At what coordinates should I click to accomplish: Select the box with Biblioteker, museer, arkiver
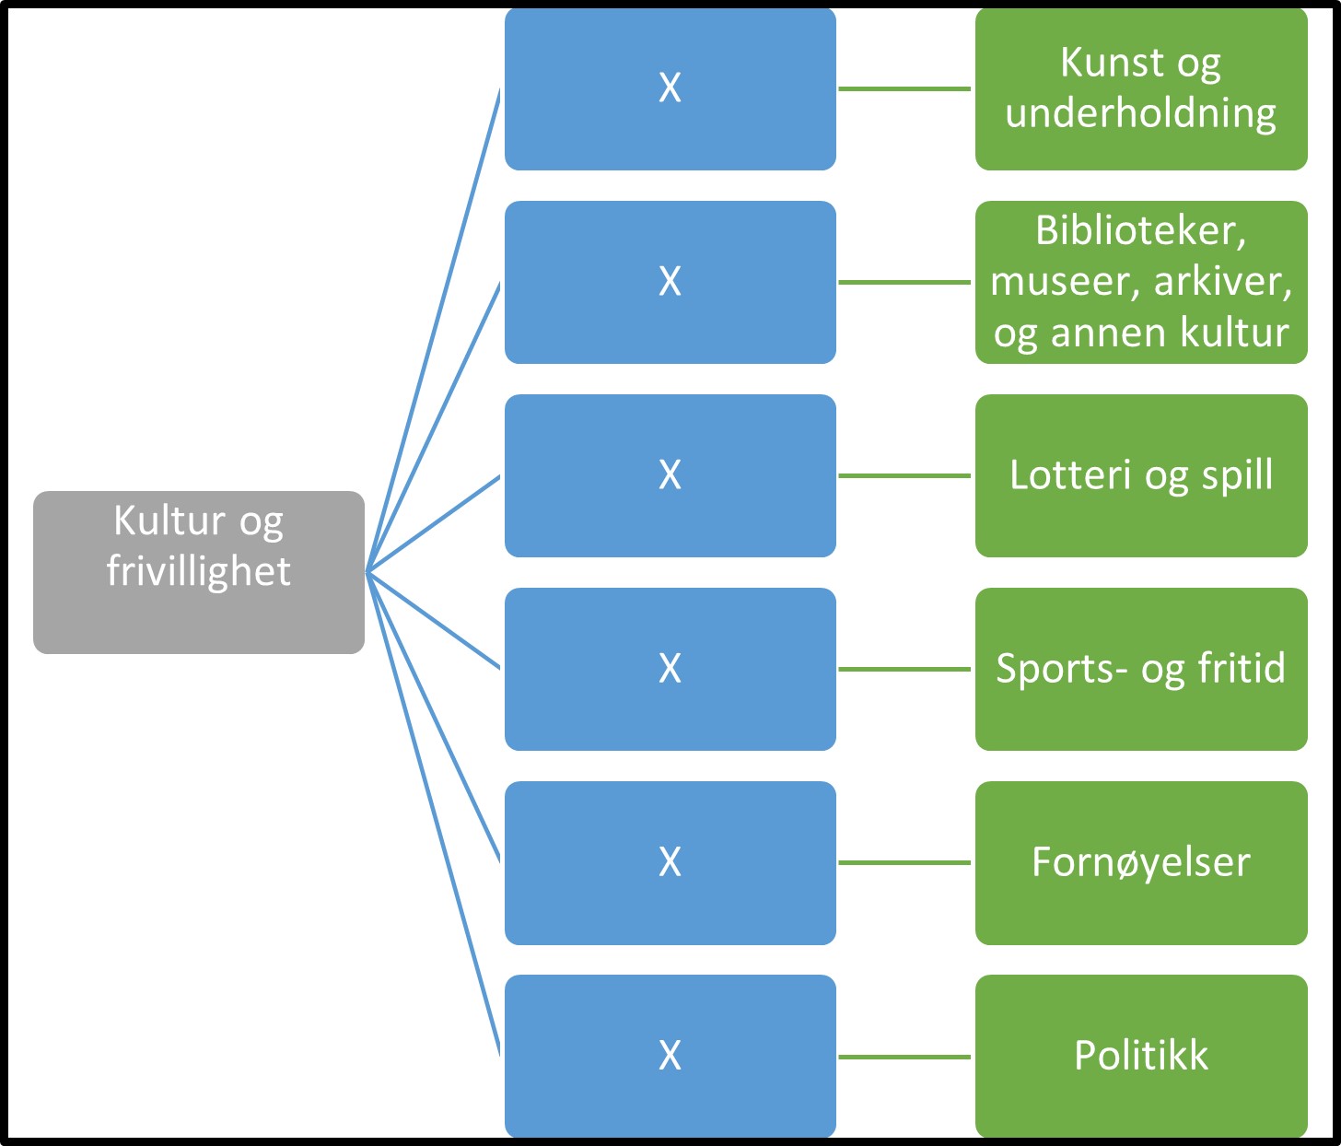coord(1140,282)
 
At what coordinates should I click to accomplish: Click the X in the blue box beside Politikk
coord(670,1056)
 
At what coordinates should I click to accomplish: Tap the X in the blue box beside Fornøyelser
coord(670,862)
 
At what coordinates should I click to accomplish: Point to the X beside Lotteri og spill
coord(670,475)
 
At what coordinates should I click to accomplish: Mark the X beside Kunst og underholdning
coord(670,88)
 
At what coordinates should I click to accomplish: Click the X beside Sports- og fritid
coord(670,669)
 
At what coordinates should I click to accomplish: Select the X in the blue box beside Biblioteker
coord(670,282)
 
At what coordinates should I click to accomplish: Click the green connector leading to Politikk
coord(904,1057)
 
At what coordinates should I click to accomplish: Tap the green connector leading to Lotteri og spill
coord(904,476)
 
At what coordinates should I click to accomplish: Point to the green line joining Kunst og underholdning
coord(904,89)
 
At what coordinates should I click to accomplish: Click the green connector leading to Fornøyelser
coord(904,863)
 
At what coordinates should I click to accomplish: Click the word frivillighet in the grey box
coord(198,571)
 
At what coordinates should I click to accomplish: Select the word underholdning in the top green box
coord(1140,114)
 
